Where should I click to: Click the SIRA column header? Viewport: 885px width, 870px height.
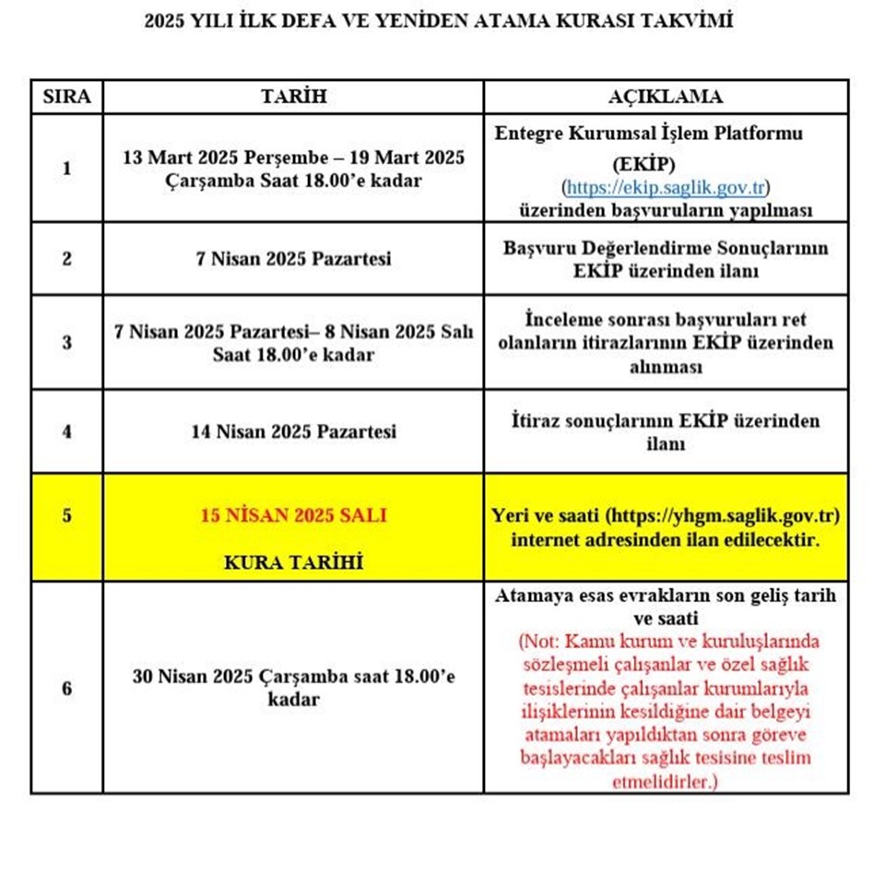point(66,97)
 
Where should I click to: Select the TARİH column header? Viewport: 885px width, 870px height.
point(293,97)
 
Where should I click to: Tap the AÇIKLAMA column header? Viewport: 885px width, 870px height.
point(666,97)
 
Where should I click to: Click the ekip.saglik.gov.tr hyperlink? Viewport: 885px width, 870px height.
point(665,187)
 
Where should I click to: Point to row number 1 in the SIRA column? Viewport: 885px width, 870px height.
point(66,169)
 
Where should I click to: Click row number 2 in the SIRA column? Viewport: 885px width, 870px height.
point(66,259)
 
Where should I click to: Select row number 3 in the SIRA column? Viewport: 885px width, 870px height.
point(66,342)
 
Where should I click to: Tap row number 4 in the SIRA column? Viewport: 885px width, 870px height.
point(66,431)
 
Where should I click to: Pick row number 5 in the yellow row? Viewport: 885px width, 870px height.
point(66,515)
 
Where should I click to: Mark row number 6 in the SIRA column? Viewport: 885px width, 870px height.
point(66,688)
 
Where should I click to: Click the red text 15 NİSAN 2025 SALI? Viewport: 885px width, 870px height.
point(293,515)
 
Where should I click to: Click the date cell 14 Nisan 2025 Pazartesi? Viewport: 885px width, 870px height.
point(293,431)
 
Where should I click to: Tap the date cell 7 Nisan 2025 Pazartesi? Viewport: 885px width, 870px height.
point(293,259)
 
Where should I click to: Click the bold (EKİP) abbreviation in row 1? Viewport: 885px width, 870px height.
point(666,164)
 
